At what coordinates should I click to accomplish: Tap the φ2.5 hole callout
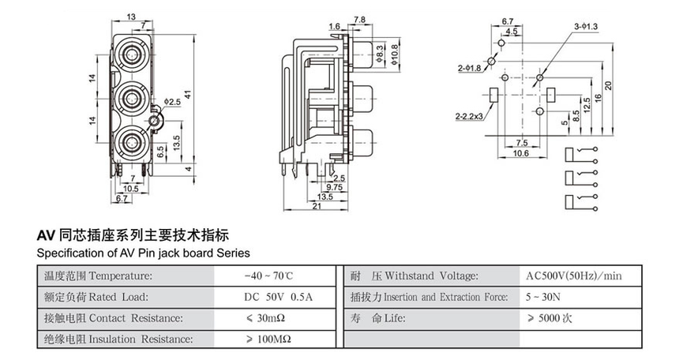coord(173,103)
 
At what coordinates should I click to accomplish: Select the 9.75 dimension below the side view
coord(335,187)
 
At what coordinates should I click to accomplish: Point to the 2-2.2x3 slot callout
coord(469,117)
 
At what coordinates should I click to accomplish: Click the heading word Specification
coord(73,253)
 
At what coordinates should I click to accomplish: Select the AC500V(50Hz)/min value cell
coord(573,276)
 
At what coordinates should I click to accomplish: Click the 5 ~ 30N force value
coord(543,297)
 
